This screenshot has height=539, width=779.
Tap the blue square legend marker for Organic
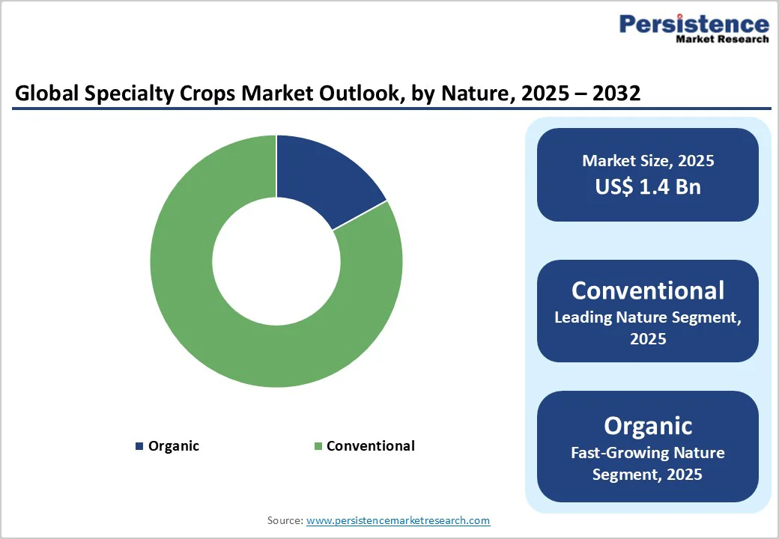click(x=139, y=446)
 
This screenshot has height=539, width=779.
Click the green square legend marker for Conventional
click(x=318, y=446)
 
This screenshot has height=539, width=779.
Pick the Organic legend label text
click(x=174, y=446)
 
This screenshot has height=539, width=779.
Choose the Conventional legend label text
click(x=370, y=446)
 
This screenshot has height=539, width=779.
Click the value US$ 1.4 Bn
click(x=648, y=186)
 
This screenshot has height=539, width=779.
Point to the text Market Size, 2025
click(x=648, y=160)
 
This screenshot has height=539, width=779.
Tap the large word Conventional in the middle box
click(x=648, y=290)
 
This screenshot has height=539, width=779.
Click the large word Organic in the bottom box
click(x=648, y=425)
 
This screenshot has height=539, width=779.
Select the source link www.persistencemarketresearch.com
click(x=398, y=520)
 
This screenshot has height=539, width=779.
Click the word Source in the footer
click(x=285, y=520)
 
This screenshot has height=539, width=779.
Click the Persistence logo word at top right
click(x=694, y=24)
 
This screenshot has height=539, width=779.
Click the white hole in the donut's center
click(x=276, y=261)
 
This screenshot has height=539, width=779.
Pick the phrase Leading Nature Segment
click(x=648, y=317)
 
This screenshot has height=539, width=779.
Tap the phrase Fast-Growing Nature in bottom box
click(x=648, y=453)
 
